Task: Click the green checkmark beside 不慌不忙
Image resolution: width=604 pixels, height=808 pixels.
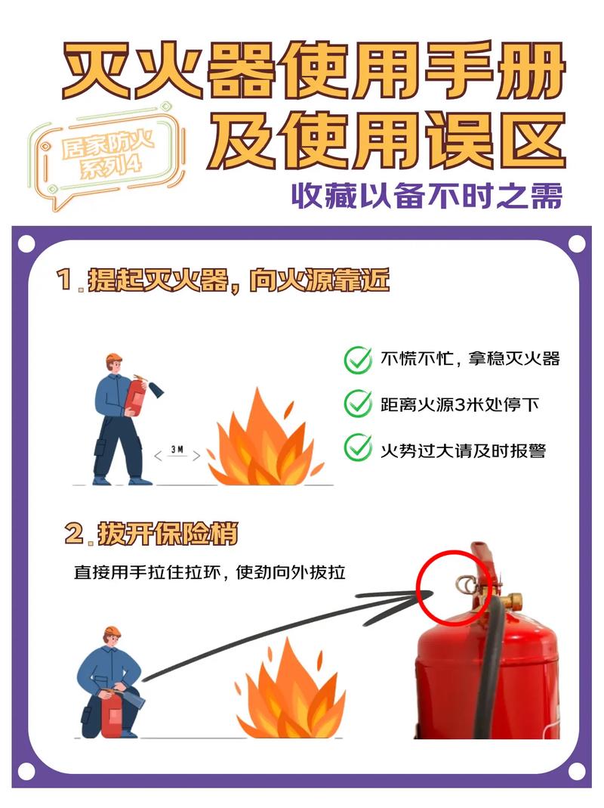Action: pos(357,360)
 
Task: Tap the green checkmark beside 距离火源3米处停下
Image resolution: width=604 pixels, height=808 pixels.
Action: pos(357,404)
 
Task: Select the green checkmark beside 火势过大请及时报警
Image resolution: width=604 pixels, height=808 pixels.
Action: pos(357,448)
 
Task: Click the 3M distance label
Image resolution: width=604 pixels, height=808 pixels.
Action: pos(177,450)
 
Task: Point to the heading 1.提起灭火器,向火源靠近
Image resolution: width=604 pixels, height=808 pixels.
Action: pos(223,280)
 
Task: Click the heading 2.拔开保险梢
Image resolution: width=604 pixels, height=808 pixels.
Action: pos(151,534)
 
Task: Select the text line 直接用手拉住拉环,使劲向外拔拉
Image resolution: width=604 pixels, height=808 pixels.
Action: pos(209,572)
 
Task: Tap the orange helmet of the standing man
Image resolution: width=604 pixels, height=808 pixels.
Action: pos(114,358)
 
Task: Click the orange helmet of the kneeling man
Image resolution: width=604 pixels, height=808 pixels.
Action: pos(112,630)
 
